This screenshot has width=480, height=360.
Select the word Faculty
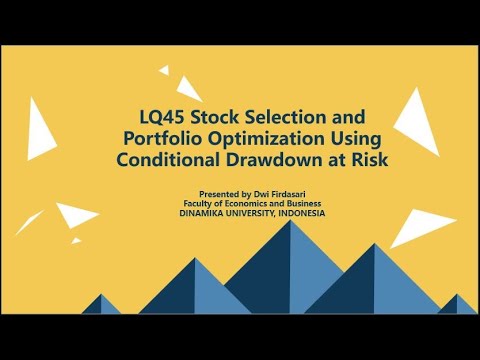[197, 202]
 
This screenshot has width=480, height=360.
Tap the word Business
[305, 202]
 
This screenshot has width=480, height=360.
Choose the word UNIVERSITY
[258, 213]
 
